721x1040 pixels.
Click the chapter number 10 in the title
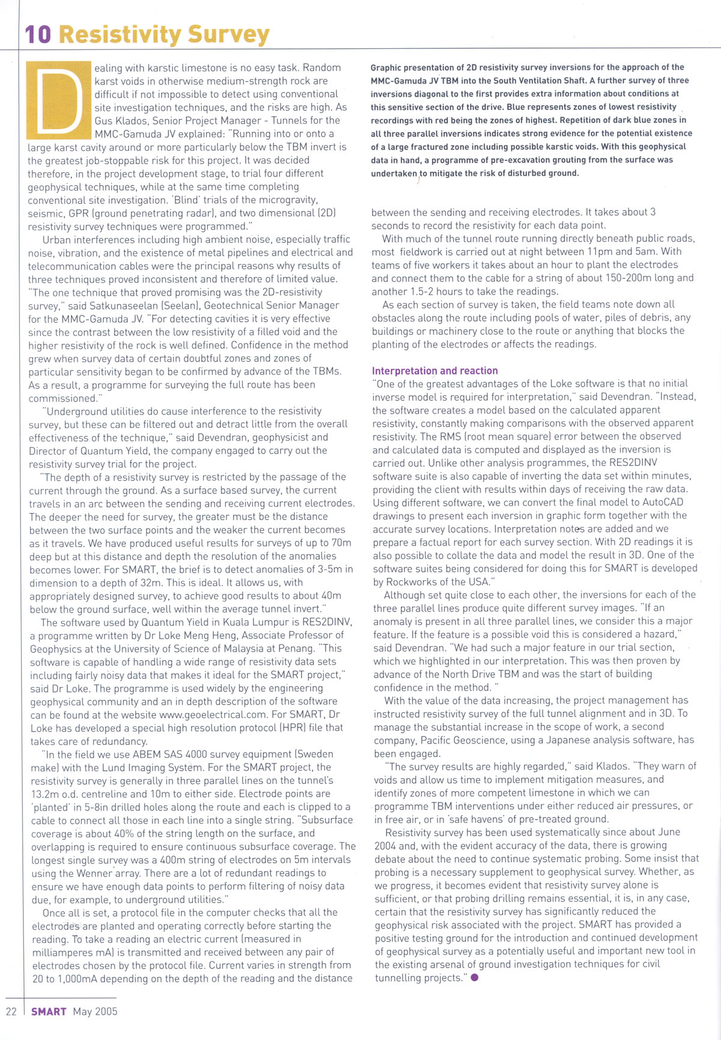click(38, 34)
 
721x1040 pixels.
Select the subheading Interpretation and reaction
click(434, 371)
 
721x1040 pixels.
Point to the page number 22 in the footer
click(11, 1011)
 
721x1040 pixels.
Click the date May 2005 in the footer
click(95, 1011)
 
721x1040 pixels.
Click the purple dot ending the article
click(475, 977)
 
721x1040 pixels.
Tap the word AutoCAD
click(660, 502)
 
